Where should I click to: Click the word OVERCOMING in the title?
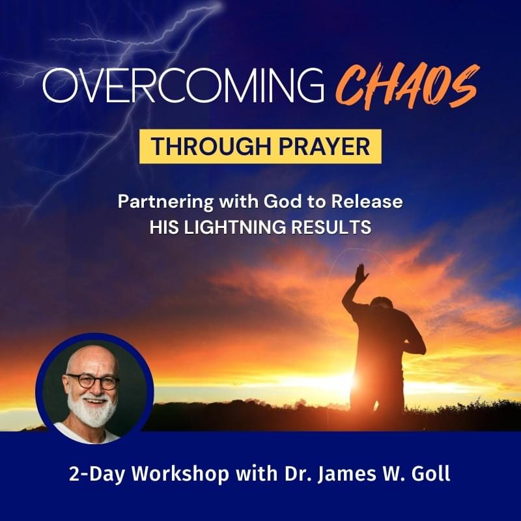click(183, 85)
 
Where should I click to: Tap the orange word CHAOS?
click(408, 87)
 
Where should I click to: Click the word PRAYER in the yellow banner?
click(324, 147)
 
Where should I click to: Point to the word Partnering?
click(166, 202)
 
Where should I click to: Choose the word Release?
click(367, 201)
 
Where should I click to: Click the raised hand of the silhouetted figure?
click(361, 273)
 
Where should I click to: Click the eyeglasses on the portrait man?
click(92, 381)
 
